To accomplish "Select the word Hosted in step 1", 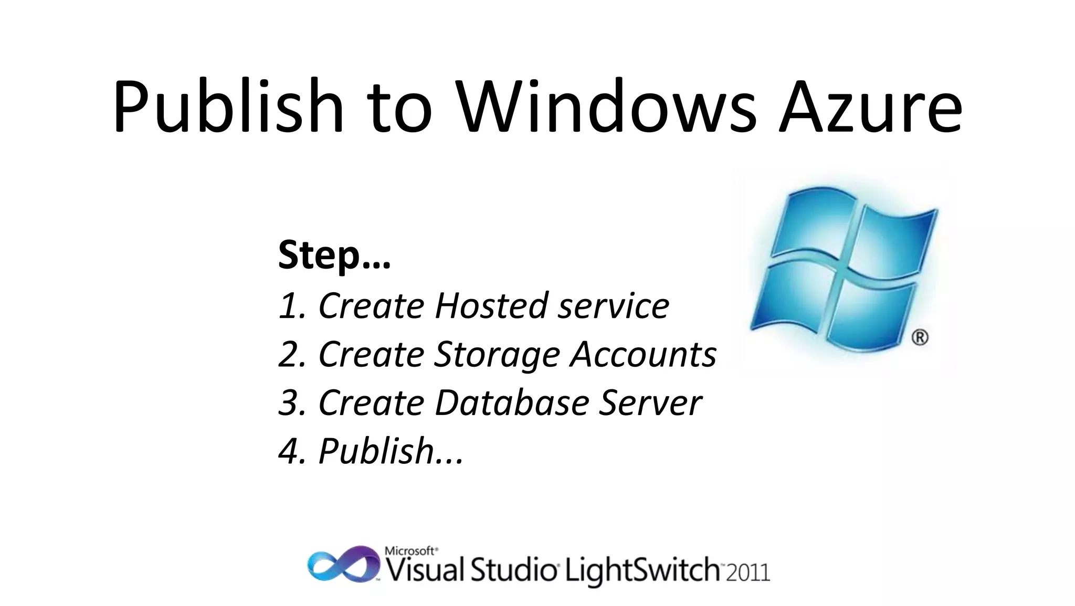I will (491, 306).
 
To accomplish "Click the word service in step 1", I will (613, 306).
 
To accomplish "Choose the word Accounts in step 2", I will (643, 354).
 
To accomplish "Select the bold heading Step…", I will (334, 256).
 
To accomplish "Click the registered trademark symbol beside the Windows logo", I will (920, 337).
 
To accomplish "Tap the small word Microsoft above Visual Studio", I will (410, 551).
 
